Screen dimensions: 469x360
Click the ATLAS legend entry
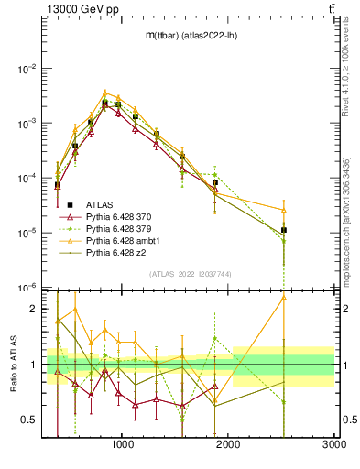(x=101, y=204)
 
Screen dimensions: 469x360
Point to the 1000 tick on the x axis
(x=123, y=444)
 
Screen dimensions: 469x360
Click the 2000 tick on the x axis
(x=228, y=444)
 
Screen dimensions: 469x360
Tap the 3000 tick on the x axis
(x=333, y=444)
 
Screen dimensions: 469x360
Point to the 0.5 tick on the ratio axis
(x=30, y=420)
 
